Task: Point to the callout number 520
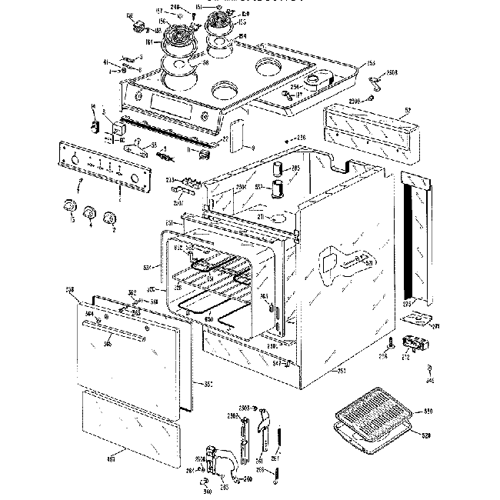pos(428,436)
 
